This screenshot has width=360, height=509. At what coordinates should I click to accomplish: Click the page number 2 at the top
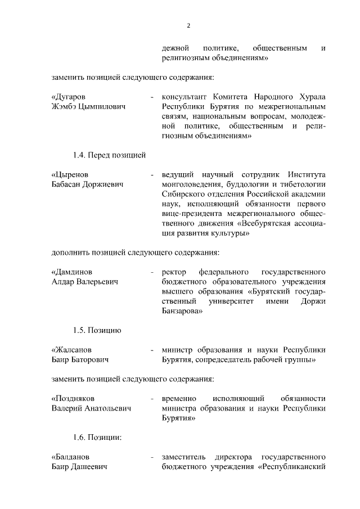(x=189, y=25)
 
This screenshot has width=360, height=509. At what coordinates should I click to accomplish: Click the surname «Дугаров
(x=69, y=97)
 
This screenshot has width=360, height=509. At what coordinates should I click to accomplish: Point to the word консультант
(x=183, y=97)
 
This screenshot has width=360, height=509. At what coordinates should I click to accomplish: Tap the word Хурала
(x=311, y=97)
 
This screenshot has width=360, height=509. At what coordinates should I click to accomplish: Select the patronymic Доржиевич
(x=103, y=184)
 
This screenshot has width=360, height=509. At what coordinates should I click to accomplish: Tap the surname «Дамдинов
(x=72, y=272)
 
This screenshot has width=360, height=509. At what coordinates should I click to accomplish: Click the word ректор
(x=174, y=272)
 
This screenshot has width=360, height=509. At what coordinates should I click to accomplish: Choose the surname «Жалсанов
(x=71, y=350)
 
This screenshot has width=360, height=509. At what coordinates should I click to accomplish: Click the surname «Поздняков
(x=73, y=399)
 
